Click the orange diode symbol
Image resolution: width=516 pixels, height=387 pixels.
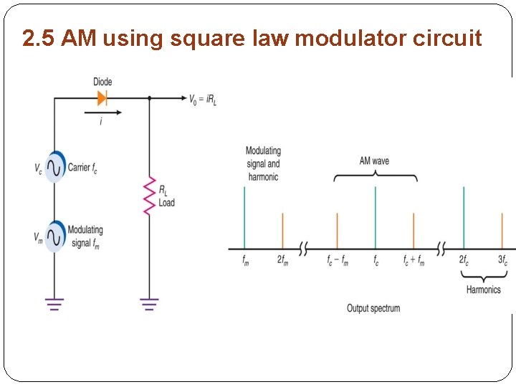point(102,97)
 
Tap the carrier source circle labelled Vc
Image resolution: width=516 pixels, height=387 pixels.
point(54,167)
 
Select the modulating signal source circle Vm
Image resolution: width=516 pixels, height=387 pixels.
point(54,235)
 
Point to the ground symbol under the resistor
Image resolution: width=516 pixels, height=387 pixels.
point(149,304)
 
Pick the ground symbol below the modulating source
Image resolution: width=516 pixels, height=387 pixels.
point(54,304)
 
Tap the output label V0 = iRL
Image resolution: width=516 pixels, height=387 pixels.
point(203,99)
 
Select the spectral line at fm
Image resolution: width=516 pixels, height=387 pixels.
point(245,218)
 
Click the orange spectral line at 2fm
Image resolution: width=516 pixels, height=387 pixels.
point(282,230)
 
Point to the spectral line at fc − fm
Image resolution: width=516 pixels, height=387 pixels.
point(337,230)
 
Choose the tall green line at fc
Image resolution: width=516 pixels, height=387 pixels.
point(376,218)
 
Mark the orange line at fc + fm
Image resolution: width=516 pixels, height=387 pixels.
point(414,230)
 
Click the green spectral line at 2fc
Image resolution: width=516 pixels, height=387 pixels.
point(464,218)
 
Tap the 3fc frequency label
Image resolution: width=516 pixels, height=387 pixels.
point(502,261)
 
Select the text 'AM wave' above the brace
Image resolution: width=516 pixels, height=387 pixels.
point(374,161)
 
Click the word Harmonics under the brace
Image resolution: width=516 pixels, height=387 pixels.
point(484,290)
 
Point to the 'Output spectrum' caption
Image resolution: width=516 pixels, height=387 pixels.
point(373,308)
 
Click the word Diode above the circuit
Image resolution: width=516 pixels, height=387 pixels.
point(102,82)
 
